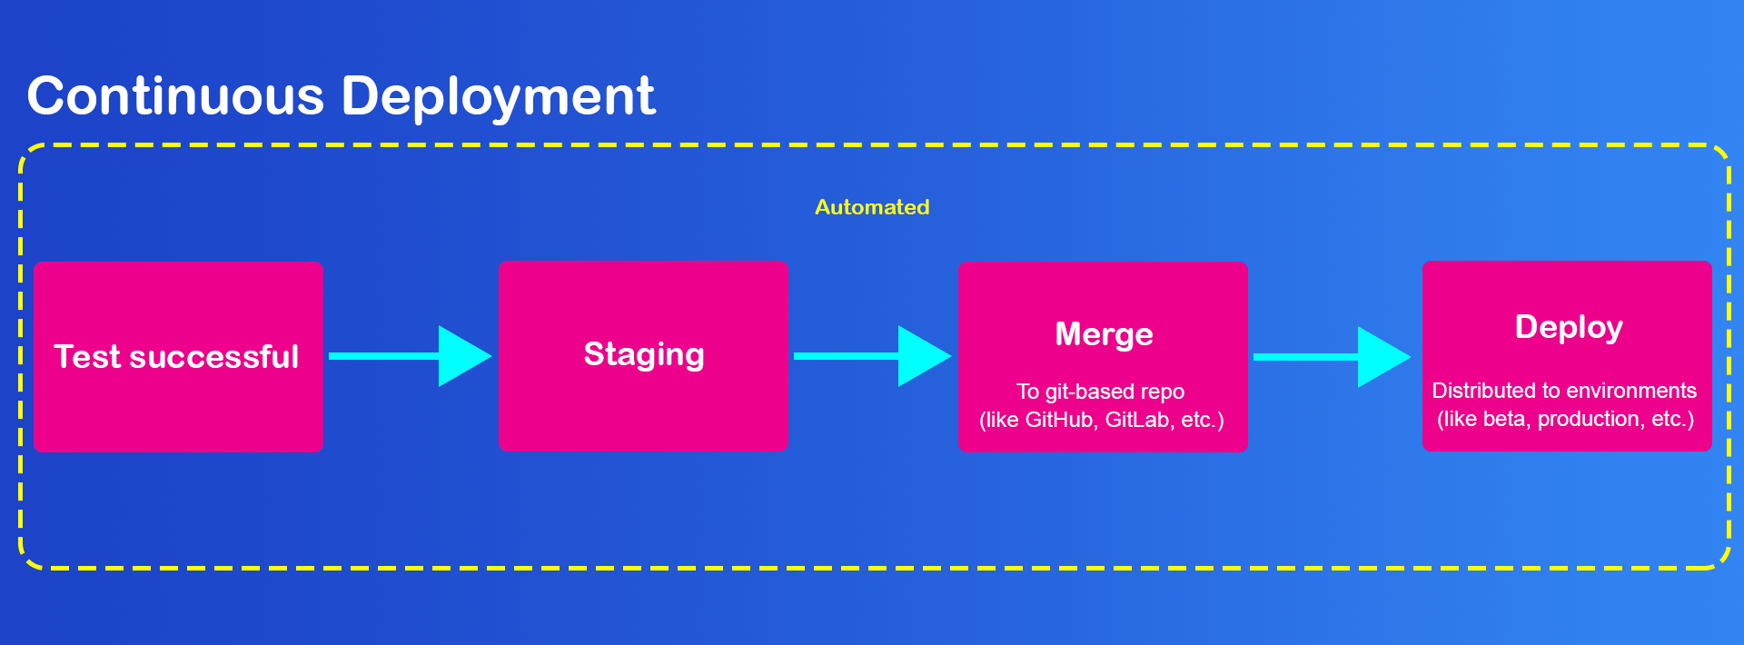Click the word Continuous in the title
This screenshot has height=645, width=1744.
175,95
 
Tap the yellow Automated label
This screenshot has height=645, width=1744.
872,207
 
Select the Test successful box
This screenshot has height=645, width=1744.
178,356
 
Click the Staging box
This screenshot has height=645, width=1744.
643,356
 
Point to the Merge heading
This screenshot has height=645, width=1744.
1104,335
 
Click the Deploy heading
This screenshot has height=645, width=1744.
1569,328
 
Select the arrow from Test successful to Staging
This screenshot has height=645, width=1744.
411,356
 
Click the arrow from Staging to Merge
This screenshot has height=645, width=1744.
873,356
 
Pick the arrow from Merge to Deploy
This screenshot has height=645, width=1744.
1333,357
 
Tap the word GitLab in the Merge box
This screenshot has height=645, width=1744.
1140,420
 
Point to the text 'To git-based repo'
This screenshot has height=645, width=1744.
1101,392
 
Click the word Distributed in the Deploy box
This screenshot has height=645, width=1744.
1481,391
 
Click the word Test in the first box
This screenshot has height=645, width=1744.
87,357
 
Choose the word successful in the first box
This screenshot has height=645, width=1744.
214,357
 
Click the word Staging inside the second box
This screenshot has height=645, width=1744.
644,355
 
